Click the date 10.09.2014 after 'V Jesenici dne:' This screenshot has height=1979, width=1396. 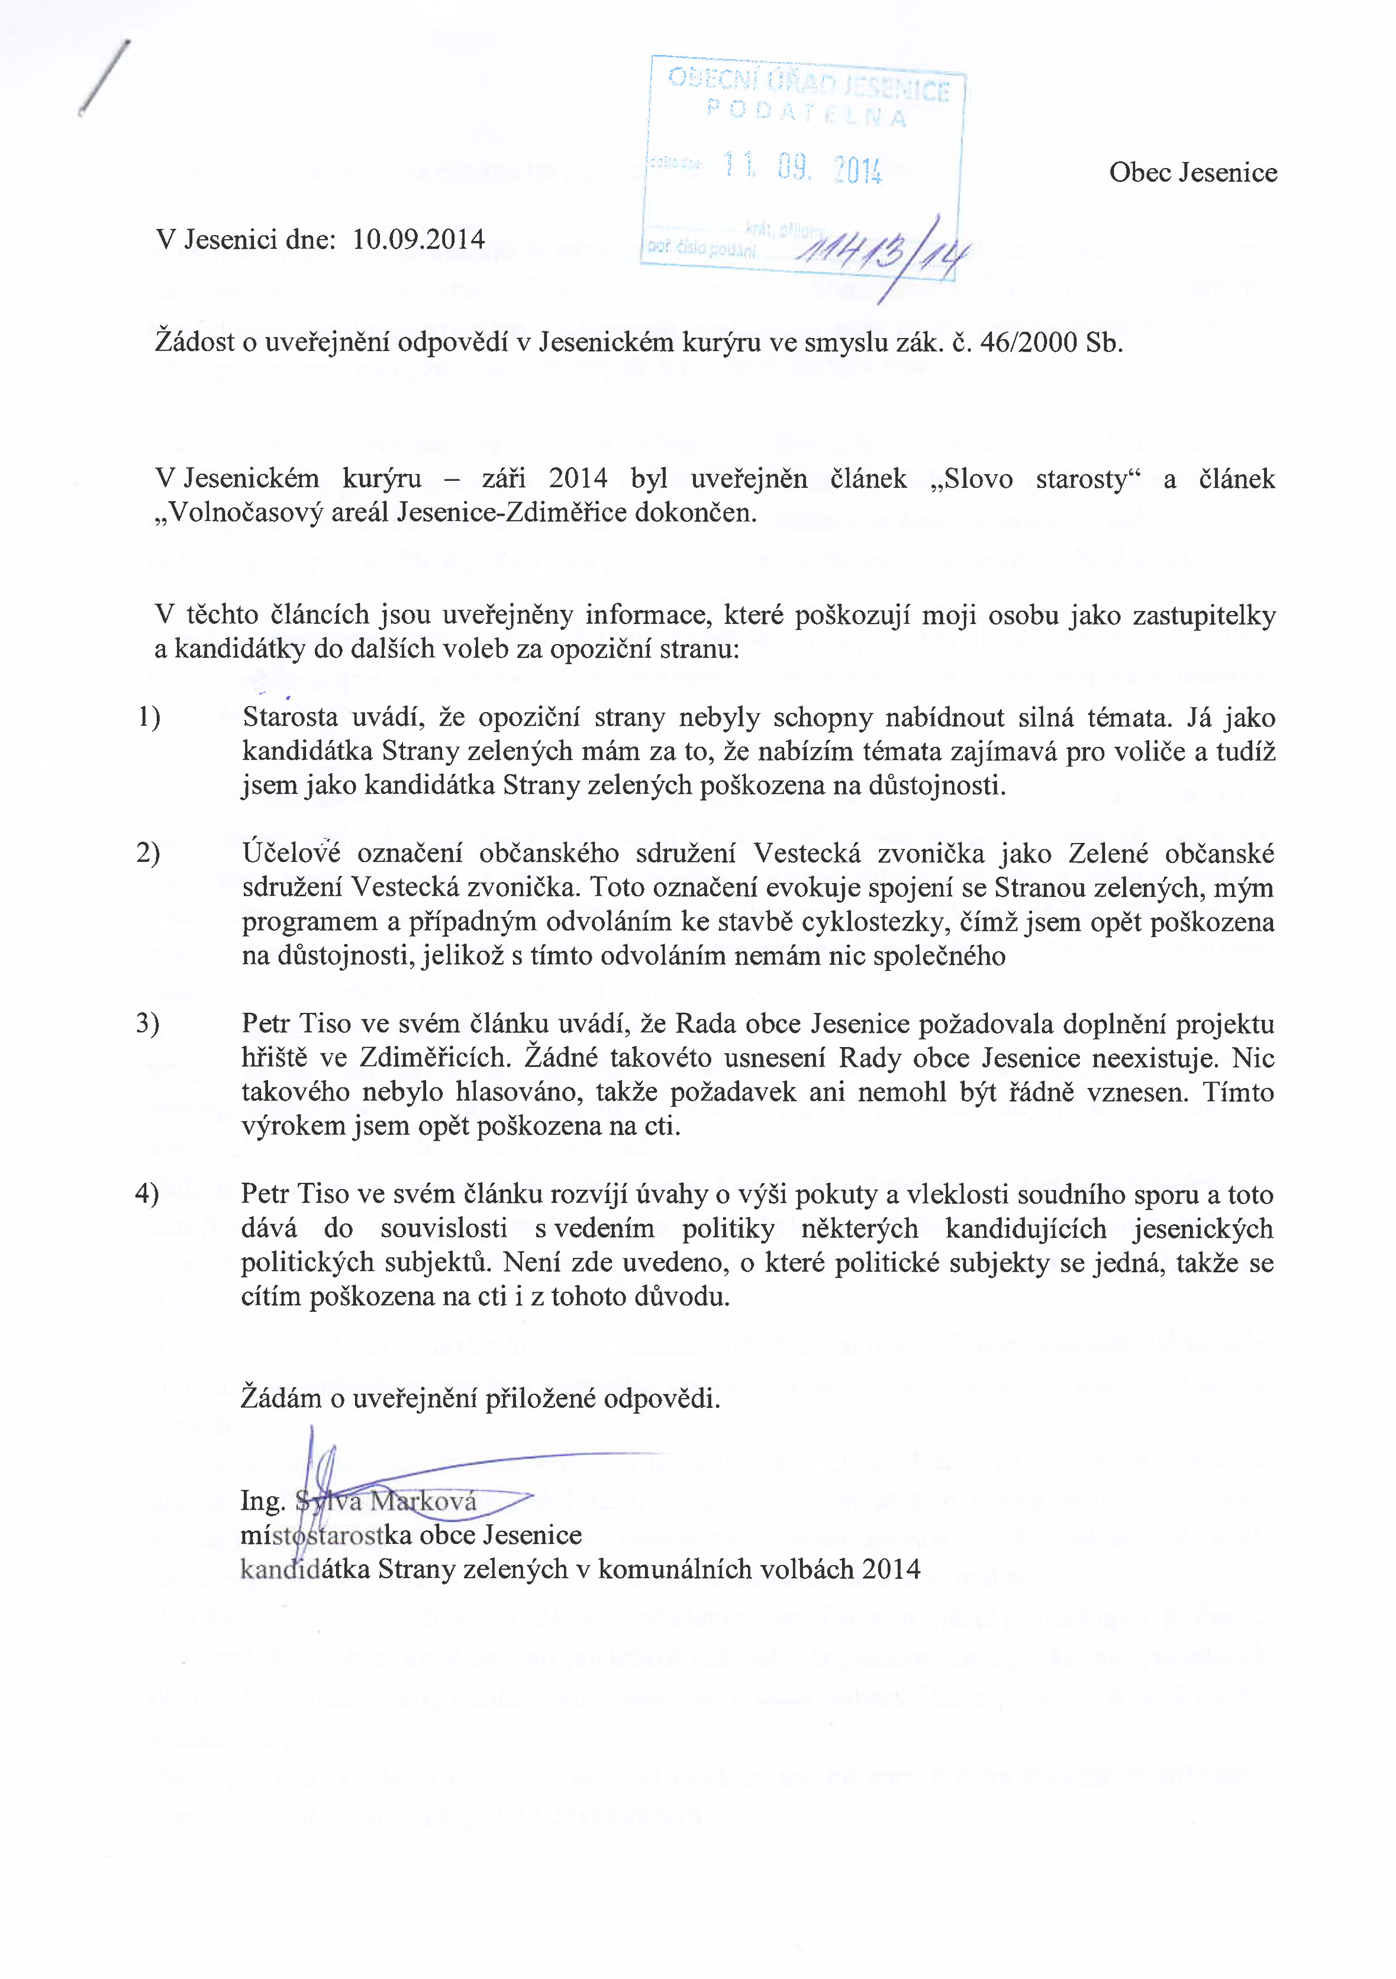(x=419, y=239)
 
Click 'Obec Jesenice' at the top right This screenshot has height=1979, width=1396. (x=1192, y=172)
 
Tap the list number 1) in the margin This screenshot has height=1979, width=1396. (x=148, y=717)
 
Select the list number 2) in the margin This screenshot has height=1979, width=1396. (x=148, y=853)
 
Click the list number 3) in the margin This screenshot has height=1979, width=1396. (x=148, y=1024)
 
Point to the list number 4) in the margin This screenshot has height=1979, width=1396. (x=147, y=1194)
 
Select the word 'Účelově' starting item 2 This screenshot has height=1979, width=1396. (x=291, y=853)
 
